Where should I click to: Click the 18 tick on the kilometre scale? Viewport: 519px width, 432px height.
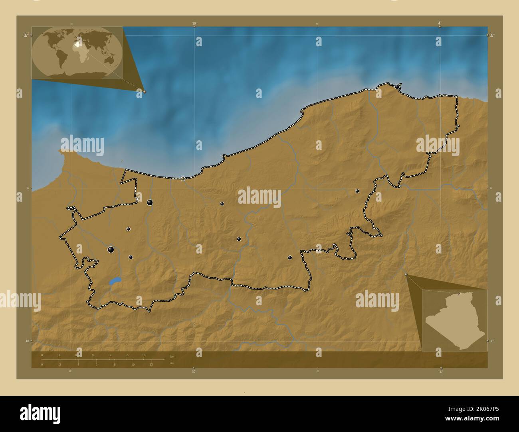coord(144,355)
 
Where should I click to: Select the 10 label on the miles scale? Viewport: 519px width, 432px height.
coord(133,364)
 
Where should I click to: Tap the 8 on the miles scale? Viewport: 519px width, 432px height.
coord(115,364)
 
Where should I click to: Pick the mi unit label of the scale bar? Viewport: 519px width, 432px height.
coord(172,363)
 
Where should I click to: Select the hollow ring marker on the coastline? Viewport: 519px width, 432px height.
coord(183,179)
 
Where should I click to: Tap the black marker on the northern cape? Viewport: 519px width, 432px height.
coord(397,86)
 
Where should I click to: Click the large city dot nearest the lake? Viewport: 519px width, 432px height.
coord(111,250)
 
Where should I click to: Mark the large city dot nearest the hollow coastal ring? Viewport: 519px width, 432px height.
coord(150,202)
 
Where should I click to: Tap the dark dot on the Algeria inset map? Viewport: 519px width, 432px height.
coord(459,294)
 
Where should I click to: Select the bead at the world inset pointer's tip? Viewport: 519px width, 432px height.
coord(145,91)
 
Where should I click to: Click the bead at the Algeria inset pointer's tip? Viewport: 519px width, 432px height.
coord(406,275)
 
